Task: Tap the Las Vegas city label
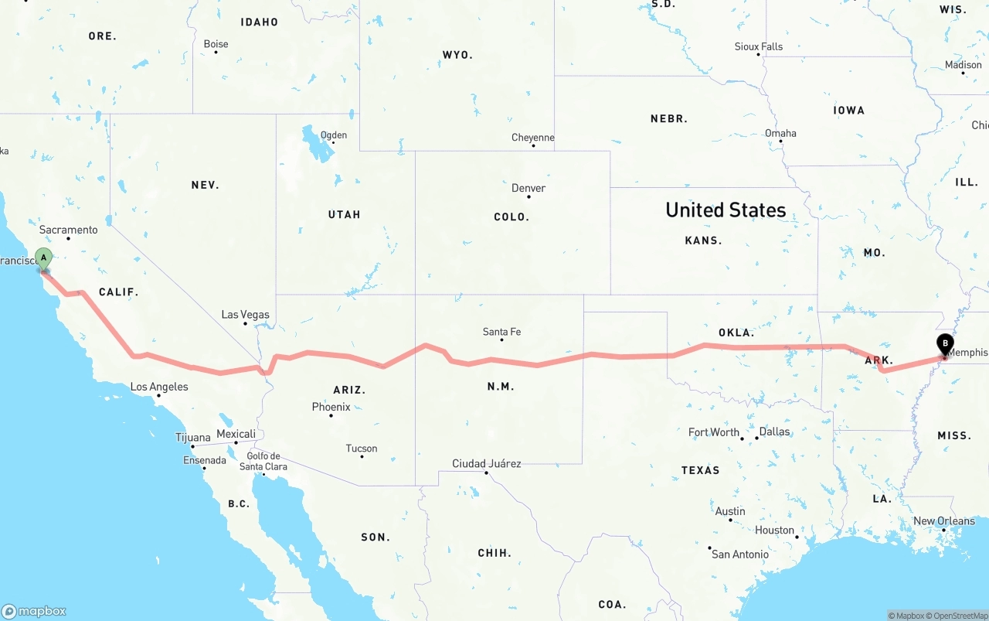245,315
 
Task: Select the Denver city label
528,188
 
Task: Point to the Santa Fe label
501,332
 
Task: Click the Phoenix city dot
331,416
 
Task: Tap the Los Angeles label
159,387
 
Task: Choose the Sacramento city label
69,230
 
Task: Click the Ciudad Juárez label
486,464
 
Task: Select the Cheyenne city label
533,138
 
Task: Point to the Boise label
216,44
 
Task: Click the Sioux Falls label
758,46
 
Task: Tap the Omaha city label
780,133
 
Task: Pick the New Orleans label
944,520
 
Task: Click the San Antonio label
739,554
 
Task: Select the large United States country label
726,210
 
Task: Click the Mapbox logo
34,611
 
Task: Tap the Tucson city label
362,449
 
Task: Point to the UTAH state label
344,214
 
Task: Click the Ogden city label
334,135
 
